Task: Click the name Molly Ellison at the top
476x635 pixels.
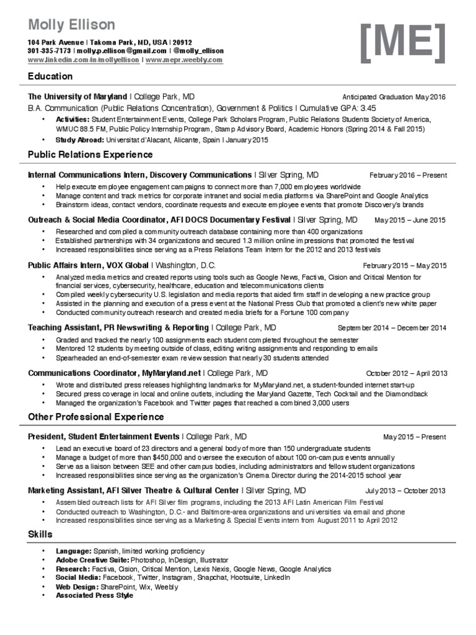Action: pyautogui.click(x=71, y=25)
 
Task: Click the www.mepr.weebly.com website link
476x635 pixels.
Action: pyautogui.click(x=184, y=60)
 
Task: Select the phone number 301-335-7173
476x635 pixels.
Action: pyautogui.click(x=49, y=51)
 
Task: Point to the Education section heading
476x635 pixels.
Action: pyautogui.click(x=50, y=76)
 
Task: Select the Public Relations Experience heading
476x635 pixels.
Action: pyautogui.click(x=90, y=154)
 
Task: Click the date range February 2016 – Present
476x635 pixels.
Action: pyautogui.click(x=407, y=175)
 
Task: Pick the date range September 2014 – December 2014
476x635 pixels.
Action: pyautogui.click(x=392, y=328)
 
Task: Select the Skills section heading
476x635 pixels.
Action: pyautogui.click(x=40, y=534)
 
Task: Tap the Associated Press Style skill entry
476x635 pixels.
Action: pyautogui.click(x=94, y=595)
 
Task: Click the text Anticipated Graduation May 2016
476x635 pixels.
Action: pyautogui.click(x=394, y=97)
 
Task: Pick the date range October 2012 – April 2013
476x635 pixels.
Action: pyautogui.click(x=405, y=374)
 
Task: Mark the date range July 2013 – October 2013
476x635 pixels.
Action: pyautogui.click(x=405, y=491)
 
